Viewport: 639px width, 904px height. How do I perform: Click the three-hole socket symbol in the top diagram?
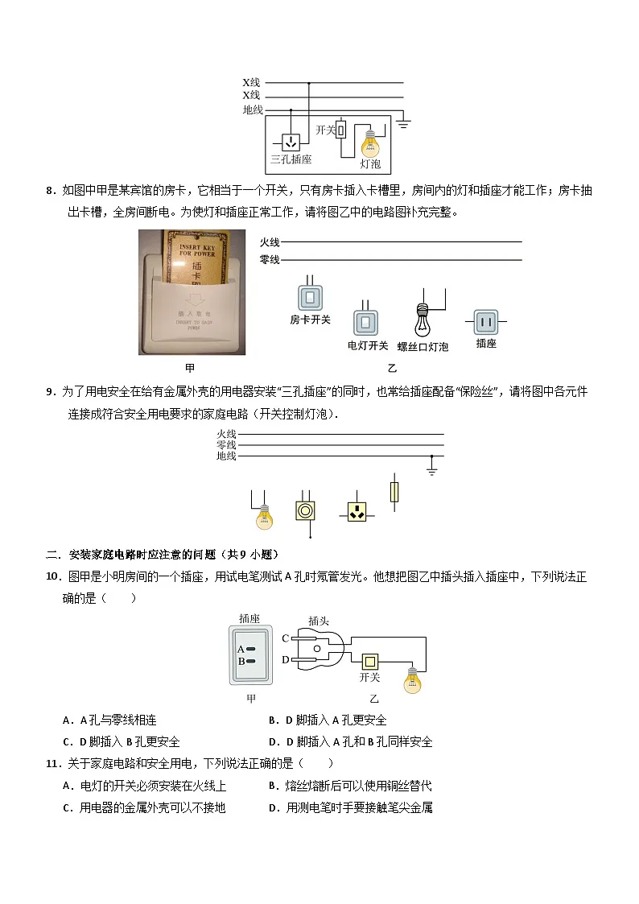[x=291, y=142]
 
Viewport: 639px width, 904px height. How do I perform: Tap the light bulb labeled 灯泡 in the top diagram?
[x=369, y=142]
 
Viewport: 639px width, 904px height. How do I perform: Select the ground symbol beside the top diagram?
[x=402, y=122]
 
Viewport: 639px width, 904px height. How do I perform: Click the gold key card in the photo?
[x=196, y=258]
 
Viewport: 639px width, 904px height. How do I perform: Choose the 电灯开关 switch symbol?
[x=365, y=322]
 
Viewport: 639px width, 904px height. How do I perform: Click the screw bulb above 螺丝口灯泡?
[x=423, y=320]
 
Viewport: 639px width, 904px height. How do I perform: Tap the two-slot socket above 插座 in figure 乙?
[x=486, y=322]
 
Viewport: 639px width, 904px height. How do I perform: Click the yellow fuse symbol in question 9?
[x=394, y=492]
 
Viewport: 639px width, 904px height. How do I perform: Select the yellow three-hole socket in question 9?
[x=357, y=511]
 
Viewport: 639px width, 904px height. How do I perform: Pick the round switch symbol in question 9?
[x=305, y=511]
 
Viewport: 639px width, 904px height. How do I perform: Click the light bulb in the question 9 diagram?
[x=264, y=517]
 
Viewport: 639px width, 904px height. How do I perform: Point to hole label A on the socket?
[x=241, y=649]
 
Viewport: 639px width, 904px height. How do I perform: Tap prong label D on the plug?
[x=286, y=659]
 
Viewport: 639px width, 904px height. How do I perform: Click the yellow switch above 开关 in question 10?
[x=370, y=662]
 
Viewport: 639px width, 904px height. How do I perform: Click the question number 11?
[x=54, y=764]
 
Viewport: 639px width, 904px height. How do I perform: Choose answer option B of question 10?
[x=328, y=720]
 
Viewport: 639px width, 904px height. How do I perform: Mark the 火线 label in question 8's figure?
[x=269, y=243]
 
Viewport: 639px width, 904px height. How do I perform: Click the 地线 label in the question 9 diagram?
[x=226, y=456]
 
